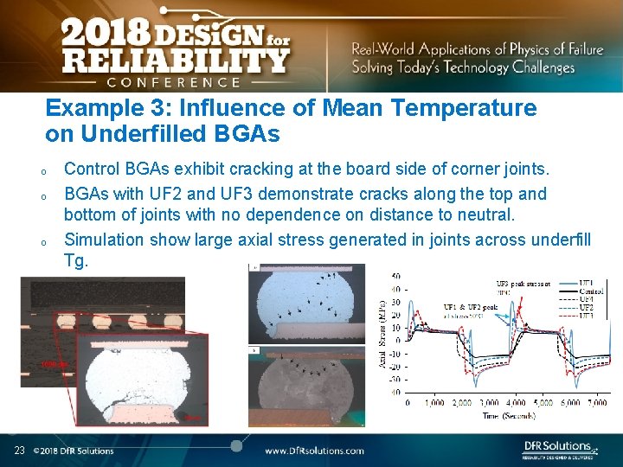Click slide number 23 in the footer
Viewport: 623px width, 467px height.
tap(19, 450)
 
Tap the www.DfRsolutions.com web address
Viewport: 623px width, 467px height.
tap(314, 451)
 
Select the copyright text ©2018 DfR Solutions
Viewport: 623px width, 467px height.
tap(74, 451)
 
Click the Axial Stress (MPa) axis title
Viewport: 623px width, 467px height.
tap(382, 333)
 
